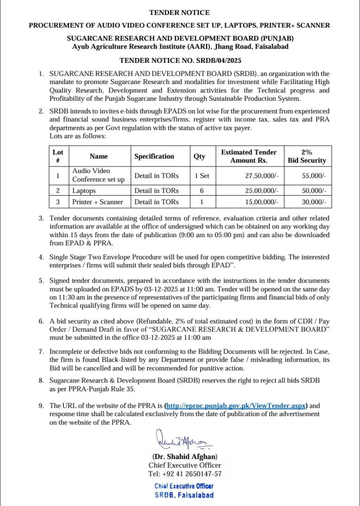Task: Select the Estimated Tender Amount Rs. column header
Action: click(249, 156)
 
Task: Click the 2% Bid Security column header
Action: click(307, 156)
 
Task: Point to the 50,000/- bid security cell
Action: click(314, 190)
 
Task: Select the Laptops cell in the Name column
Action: click(84, 190)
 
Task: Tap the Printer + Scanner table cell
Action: click(98, 202)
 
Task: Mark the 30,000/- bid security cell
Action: click(314, 202)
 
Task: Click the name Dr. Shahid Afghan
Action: click(185, 457)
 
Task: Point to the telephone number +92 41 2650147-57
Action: click(185, 474)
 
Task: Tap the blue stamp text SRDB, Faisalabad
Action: click(184, 495)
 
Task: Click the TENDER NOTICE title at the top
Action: click(180, 13)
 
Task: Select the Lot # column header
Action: click(58, 156)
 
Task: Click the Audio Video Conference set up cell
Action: click(98, 175)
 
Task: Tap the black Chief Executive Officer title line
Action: click(185, 465)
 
